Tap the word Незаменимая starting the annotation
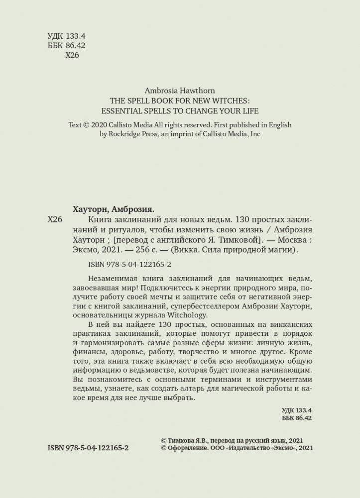point(111,282)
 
